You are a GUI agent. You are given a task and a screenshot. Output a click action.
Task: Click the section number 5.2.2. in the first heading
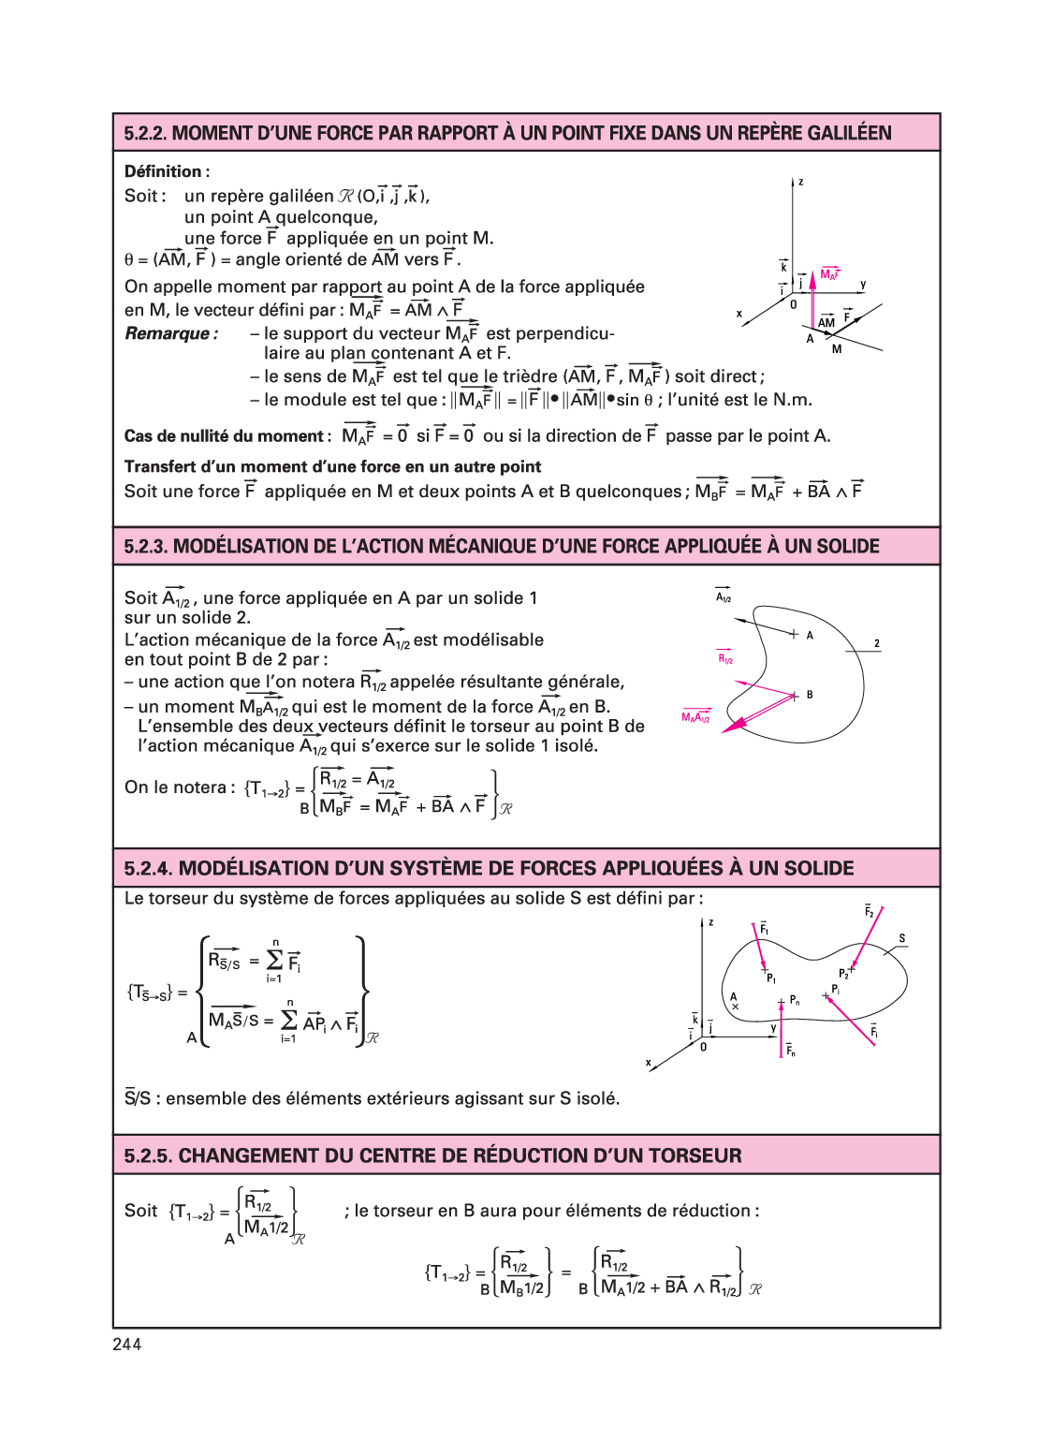145,133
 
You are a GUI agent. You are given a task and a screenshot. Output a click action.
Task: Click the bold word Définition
163,171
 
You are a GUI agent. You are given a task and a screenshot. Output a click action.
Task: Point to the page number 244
126,1345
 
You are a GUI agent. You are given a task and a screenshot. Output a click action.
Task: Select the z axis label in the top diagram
801,182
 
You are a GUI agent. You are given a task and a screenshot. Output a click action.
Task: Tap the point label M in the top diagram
837,349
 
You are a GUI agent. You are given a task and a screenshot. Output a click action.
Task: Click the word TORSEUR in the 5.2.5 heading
682,1155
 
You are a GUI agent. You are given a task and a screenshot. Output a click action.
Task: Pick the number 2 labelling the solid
877,643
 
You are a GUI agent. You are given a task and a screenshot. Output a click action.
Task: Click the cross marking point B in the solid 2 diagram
795,696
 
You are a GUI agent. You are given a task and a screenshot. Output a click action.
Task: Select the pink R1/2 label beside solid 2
725,658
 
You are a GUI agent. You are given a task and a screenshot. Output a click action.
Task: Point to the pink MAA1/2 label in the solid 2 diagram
695,717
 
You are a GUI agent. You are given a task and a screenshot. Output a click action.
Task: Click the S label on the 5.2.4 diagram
902,938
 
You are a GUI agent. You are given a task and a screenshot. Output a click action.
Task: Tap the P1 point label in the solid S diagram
771,978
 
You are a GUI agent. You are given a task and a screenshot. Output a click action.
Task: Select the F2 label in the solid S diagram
869,911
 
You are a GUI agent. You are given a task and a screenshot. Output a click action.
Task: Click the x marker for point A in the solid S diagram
735,1007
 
